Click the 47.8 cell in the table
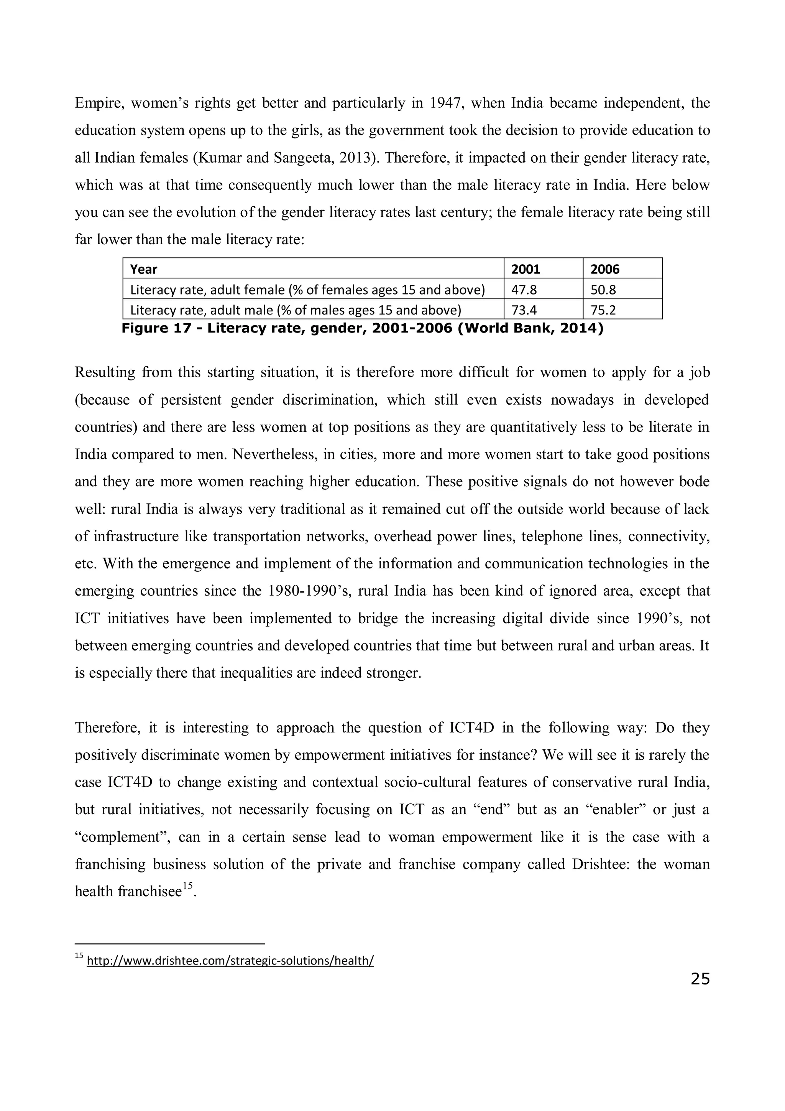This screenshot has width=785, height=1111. (x=524, y=290)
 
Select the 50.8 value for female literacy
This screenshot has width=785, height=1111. (x=603, y=290)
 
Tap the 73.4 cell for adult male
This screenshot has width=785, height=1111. (x=524, y=310)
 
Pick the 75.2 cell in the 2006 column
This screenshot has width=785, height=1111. (x=603, y=310)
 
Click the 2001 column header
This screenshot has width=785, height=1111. (x=526, y=269)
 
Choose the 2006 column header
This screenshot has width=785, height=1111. (x=604, y=269)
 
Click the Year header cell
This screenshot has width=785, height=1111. (x=144, y=269)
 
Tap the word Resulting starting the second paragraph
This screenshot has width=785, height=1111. (x=105, y=373)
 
